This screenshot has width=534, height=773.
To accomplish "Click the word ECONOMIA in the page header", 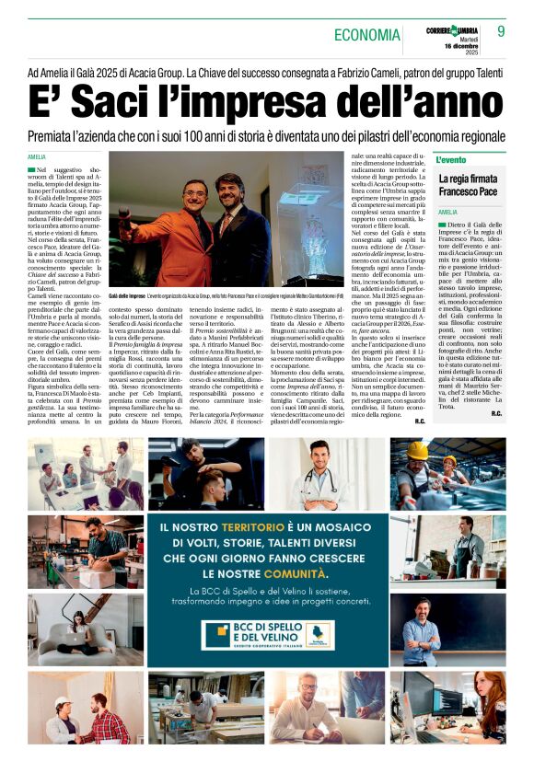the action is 368,35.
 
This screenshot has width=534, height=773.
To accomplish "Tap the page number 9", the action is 501,31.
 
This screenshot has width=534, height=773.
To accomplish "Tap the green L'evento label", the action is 452,160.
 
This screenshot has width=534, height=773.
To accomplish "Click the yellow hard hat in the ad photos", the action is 419,450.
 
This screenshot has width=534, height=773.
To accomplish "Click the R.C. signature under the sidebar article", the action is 496,388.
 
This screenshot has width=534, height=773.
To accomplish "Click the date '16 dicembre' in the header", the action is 457,44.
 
